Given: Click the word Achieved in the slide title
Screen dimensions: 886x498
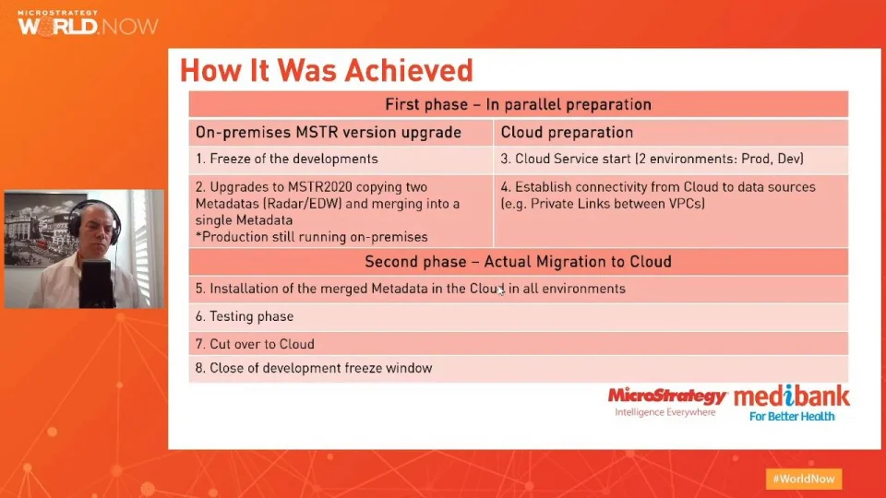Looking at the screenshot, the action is (x=409, y=71).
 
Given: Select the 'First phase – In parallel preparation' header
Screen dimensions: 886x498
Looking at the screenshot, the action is (x=518, y=104).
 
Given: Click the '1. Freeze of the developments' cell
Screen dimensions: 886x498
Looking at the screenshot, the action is (x=341, y=160).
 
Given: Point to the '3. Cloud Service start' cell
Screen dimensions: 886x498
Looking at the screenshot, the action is (x=671, y=160).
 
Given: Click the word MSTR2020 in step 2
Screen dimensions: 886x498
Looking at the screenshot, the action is (x=320, y=187).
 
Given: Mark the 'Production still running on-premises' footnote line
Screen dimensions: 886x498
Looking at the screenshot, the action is (x=312, y=237).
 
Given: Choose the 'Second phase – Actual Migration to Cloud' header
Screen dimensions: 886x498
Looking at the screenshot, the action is (x=518, y=262).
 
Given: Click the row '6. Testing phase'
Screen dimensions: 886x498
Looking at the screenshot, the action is (x=518, y=316).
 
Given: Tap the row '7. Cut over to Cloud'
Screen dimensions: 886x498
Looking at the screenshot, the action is (x=518, y=344).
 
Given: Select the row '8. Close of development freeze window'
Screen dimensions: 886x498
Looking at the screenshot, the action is (x=518, y=369).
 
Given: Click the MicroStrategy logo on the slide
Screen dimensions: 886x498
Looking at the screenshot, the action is (x=666, y=401).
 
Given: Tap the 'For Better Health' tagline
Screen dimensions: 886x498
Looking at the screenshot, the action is (x=792, y=417).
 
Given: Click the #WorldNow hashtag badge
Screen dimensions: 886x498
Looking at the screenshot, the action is (x=804, y=480).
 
